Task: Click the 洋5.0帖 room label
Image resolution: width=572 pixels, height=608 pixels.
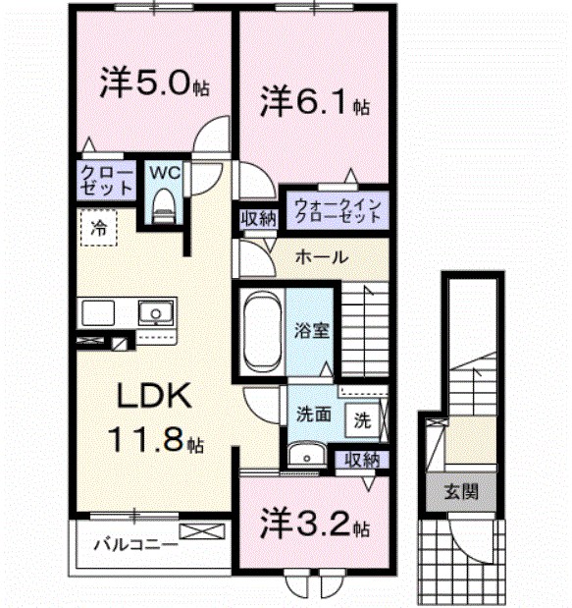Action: point(153,83)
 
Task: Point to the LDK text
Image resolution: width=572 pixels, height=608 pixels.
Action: point(146,398)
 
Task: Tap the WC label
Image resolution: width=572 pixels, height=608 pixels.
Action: point(164,172)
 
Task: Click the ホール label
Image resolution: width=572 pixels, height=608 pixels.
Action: point(320,257)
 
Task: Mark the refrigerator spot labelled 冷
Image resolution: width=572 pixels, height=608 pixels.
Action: point(99,228)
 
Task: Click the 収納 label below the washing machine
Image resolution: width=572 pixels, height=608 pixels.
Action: point(359,459)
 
